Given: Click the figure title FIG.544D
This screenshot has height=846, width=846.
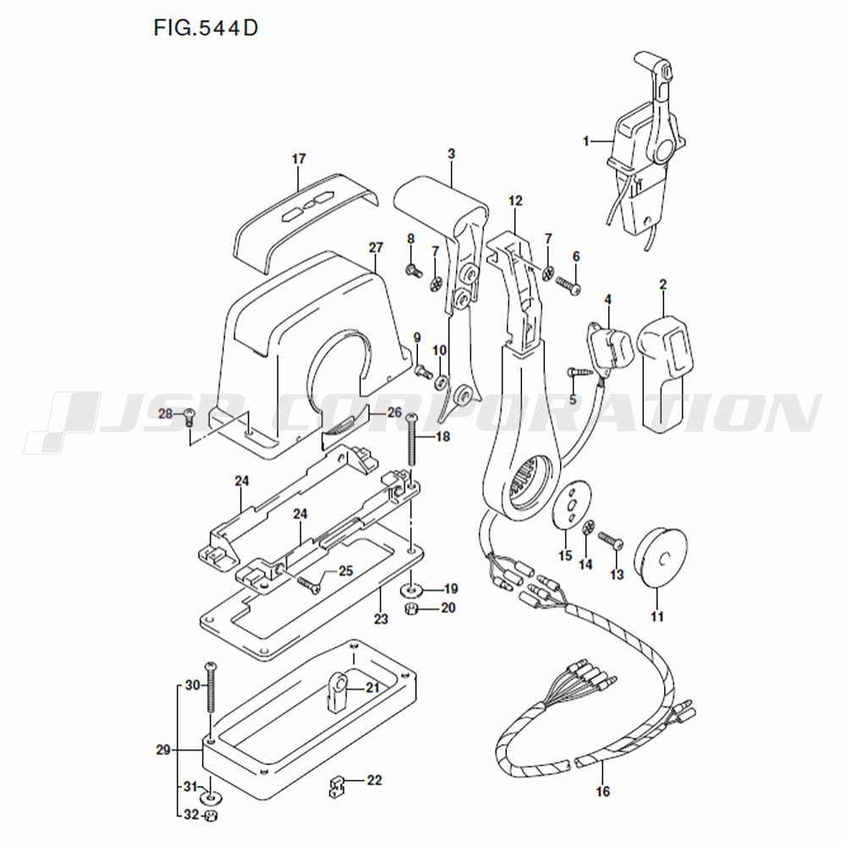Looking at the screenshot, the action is tap(206, 28).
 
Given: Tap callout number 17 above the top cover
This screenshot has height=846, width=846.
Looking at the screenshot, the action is tap(299, 159).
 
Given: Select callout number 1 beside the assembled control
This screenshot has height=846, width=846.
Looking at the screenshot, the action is tap(586, 141).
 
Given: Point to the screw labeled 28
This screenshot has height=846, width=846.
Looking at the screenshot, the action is tap(189, 416).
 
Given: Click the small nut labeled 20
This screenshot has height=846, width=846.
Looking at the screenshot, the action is tap(413, 609).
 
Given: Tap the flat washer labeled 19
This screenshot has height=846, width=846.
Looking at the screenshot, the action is tap(413, 589).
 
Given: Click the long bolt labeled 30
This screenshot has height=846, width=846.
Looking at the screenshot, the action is tap(211, 686).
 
